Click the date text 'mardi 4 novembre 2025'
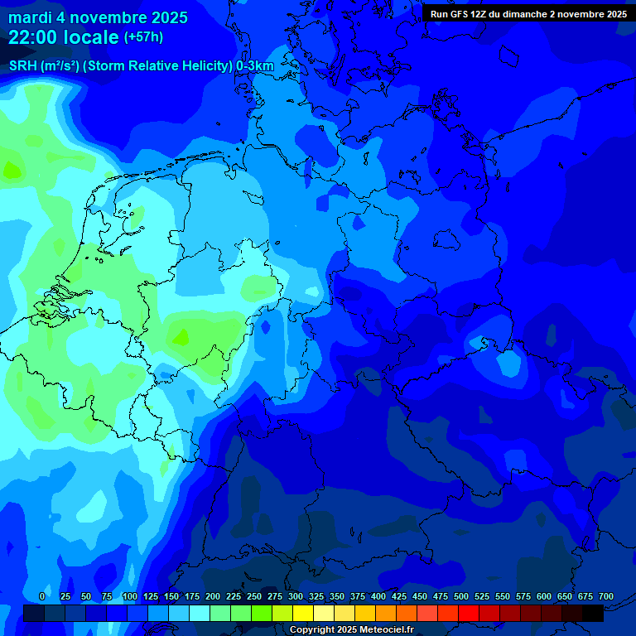98,17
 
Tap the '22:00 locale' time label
64,37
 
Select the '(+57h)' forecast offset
143,37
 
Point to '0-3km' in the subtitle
255,66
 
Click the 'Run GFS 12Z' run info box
528,13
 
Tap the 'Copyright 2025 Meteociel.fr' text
350,630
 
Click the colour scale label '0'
42,596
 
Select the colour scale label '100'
130,596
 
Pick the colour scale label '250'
254,596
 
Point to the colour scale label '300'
296,596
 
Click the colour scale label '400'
378,596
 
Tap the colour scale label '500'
461,596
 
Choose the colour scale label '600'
544,596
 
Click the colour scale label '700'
606,596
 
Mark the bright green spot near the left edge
12,171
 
